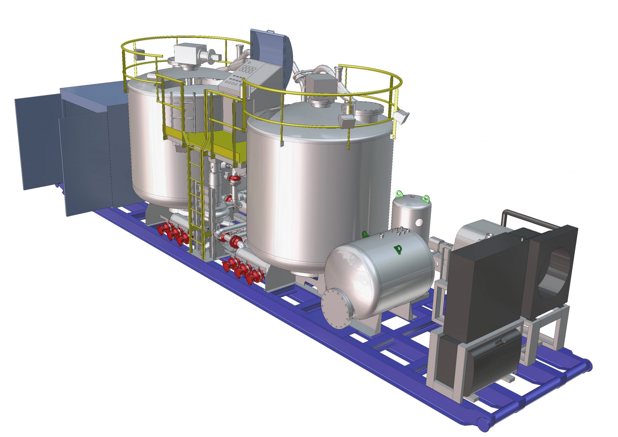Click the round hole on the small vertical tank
(419, 222)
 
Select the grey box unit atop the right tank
(321, 83)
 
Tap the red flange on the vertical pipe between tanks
(234, 179)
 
